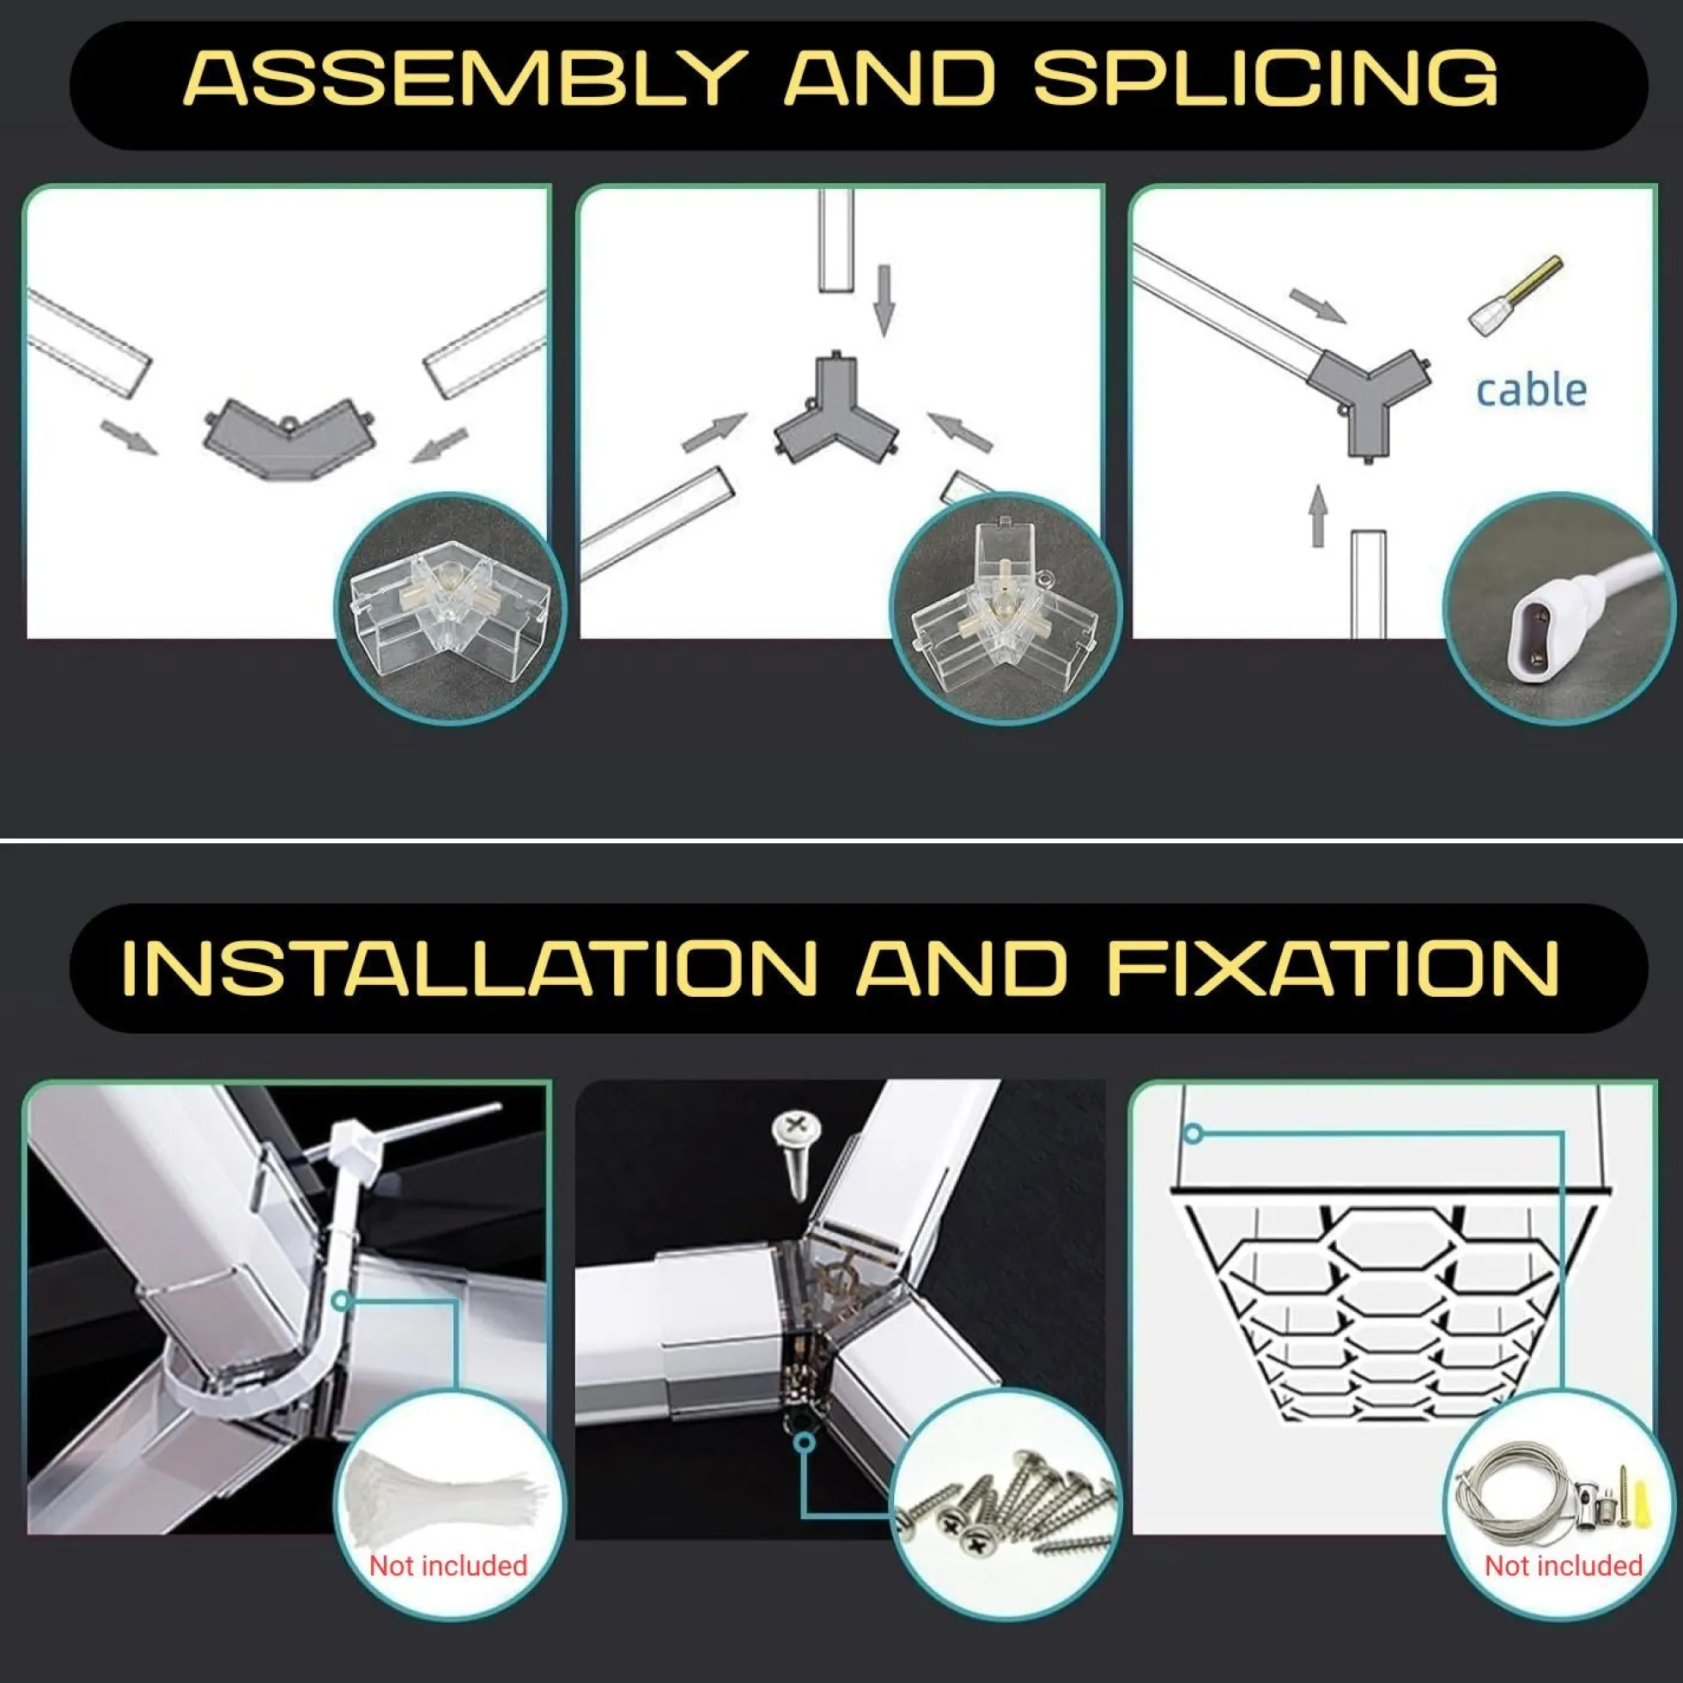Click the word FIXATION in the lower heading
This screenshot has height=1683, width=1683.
[x=1333, y=968]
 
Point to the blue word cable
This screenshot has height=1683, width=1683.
[x=1530, y=389]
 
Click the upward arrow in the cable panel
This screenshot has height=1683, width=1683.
[x=1318, y=516]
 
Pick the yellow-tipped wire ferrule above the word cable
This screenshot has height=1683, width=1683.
[x=1516, y=295]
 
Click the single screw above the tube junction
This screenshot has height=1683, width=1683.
[x=795, y=1151]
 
